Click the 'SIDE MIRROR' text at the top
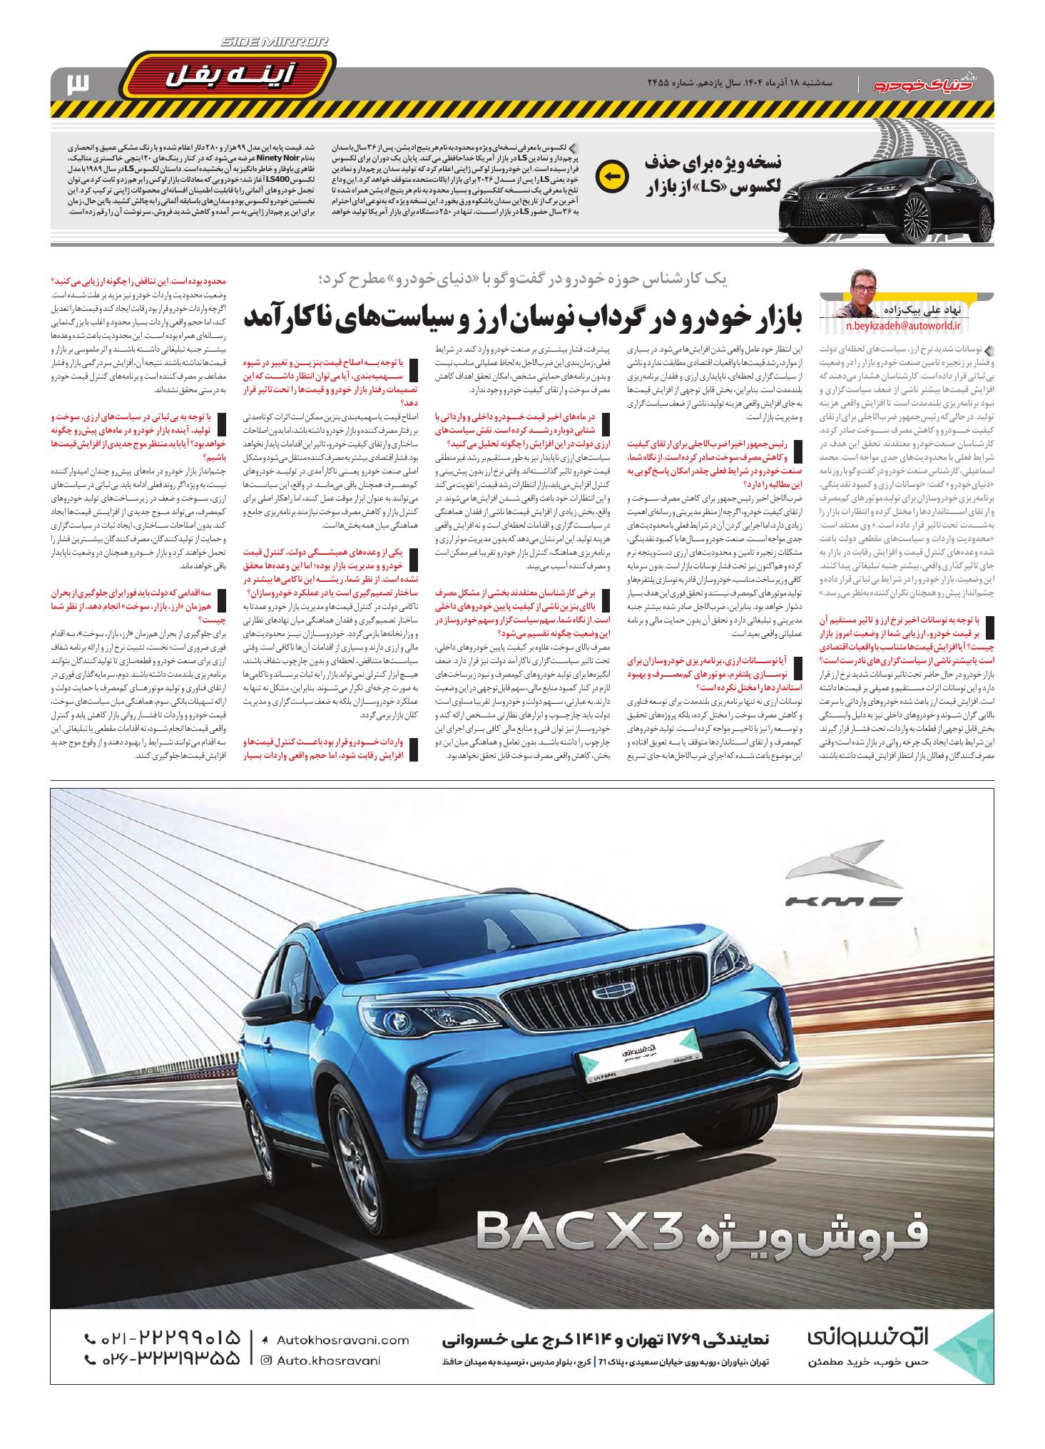274,43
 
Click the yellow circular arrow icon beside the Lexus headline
612,176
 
